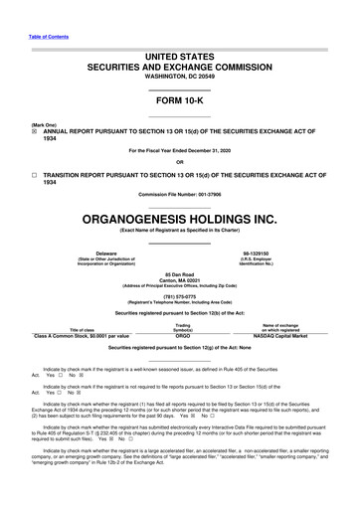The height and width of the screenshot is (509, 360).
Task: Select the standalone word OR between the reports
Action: coord(179,163)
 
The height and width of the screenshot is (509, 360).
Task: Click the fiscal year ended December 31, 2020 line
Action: coord(179,150)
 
